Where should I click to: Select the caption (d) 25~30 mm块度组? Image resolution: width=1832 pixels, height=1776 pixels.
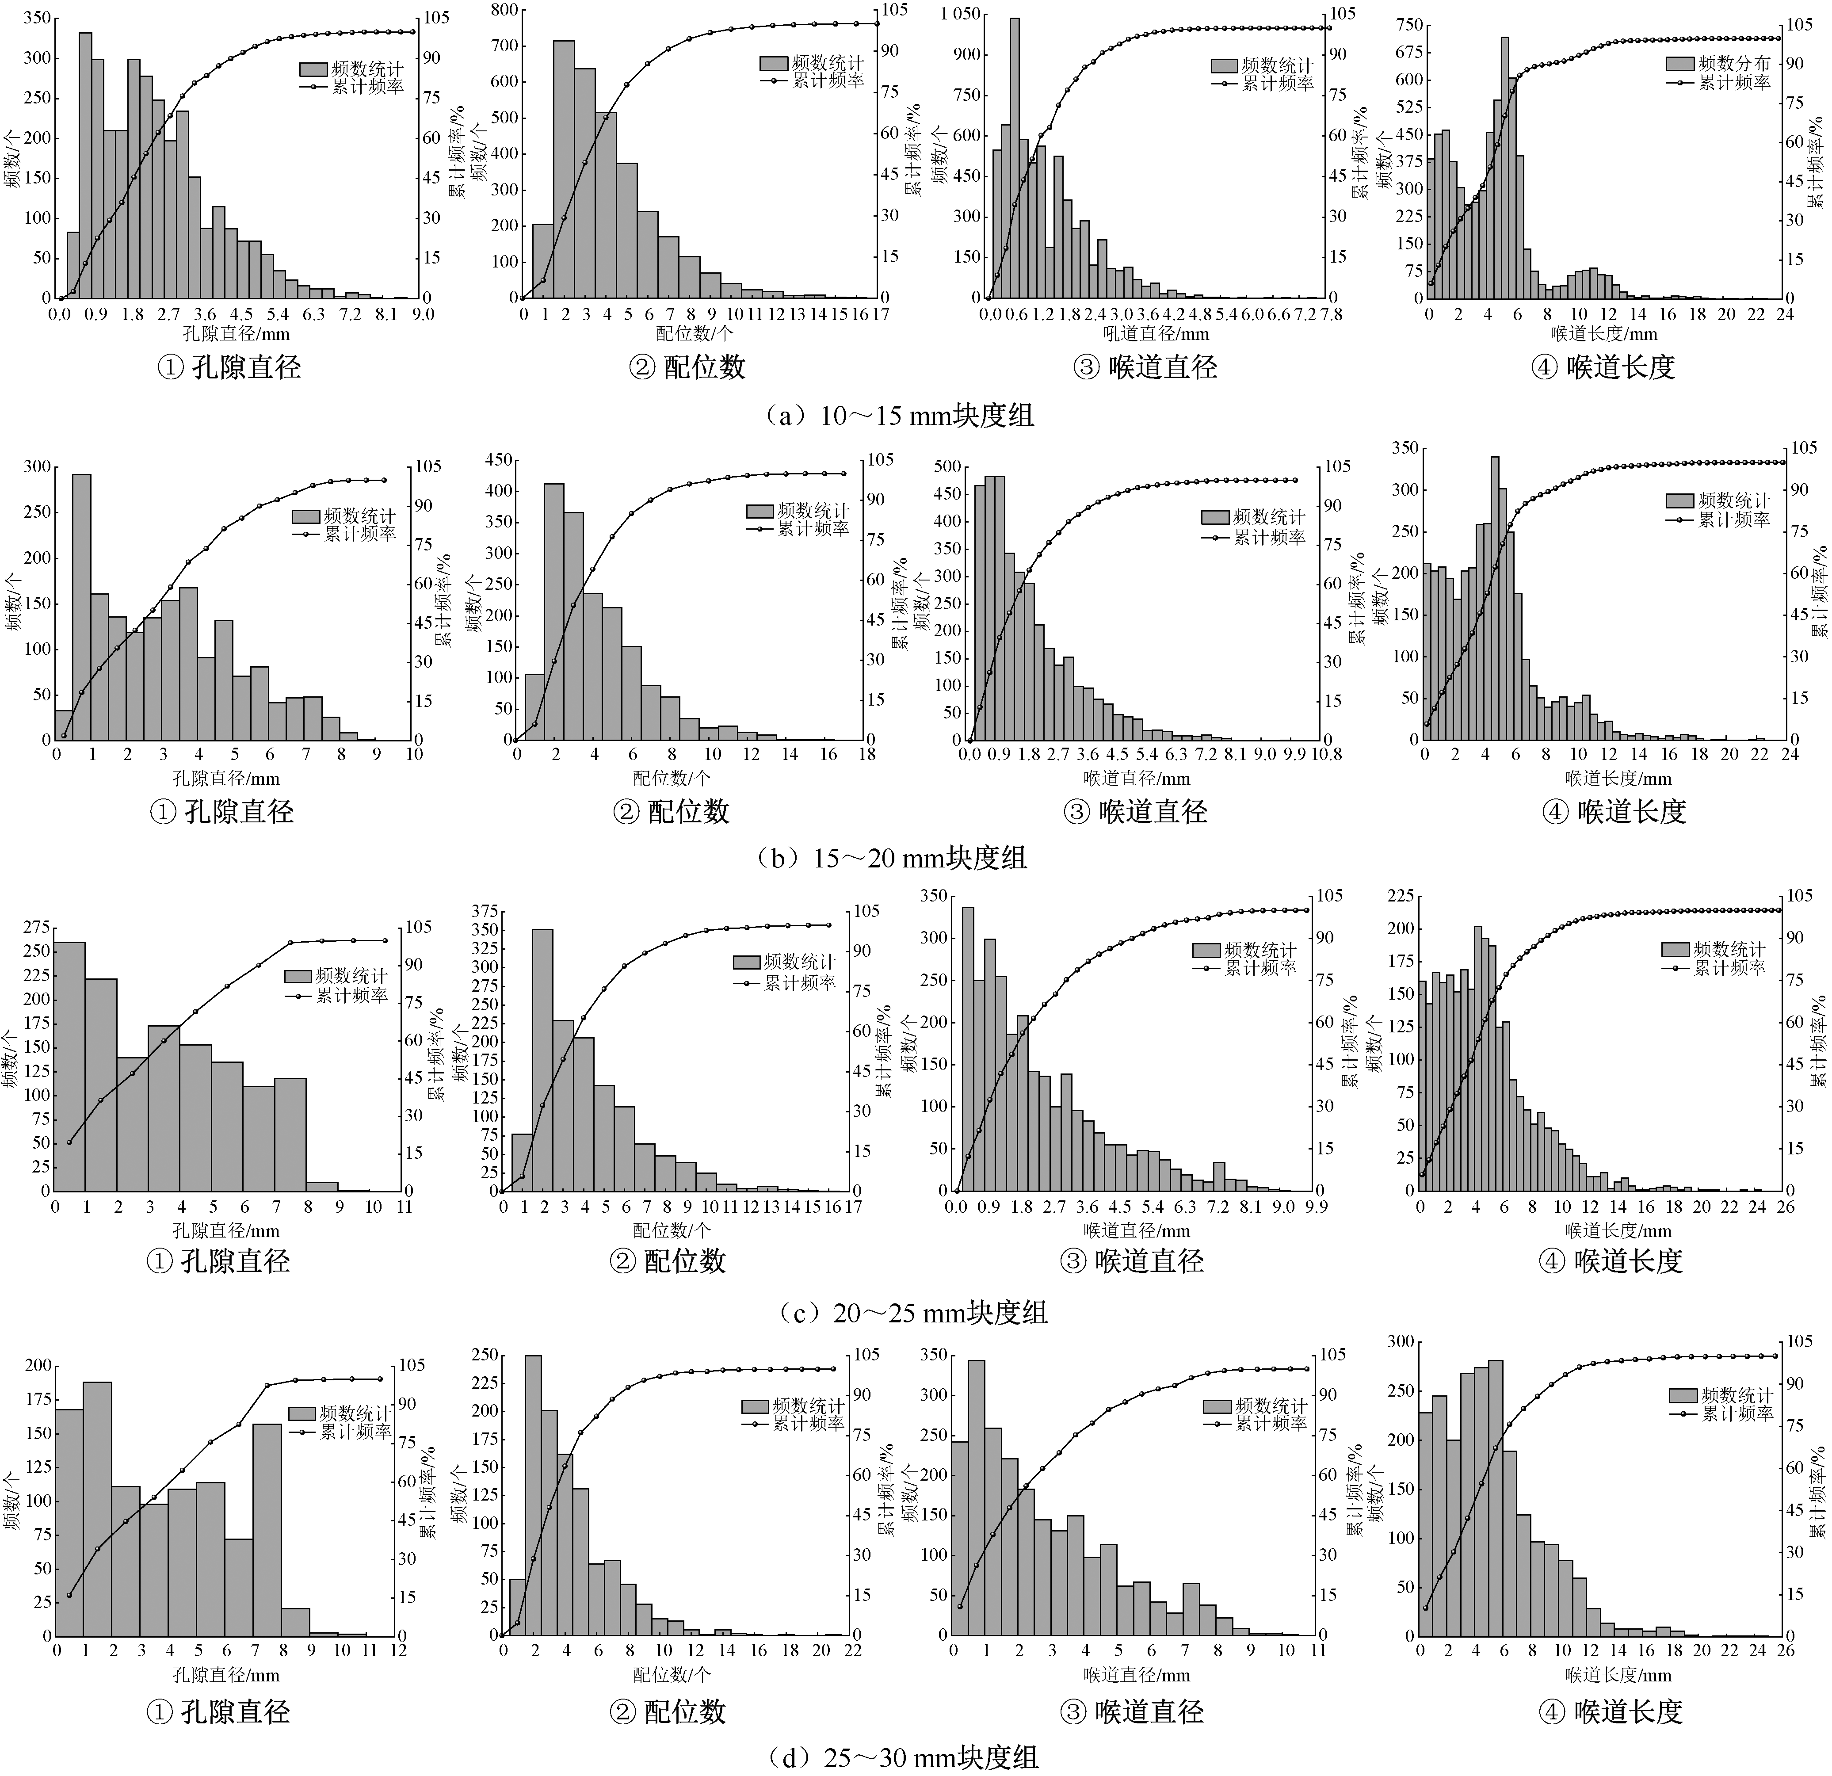click(902, 1757)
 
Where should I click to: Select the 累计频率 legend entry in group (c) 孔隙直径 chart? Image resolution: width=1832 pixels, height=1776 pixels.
click(351, 996)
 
